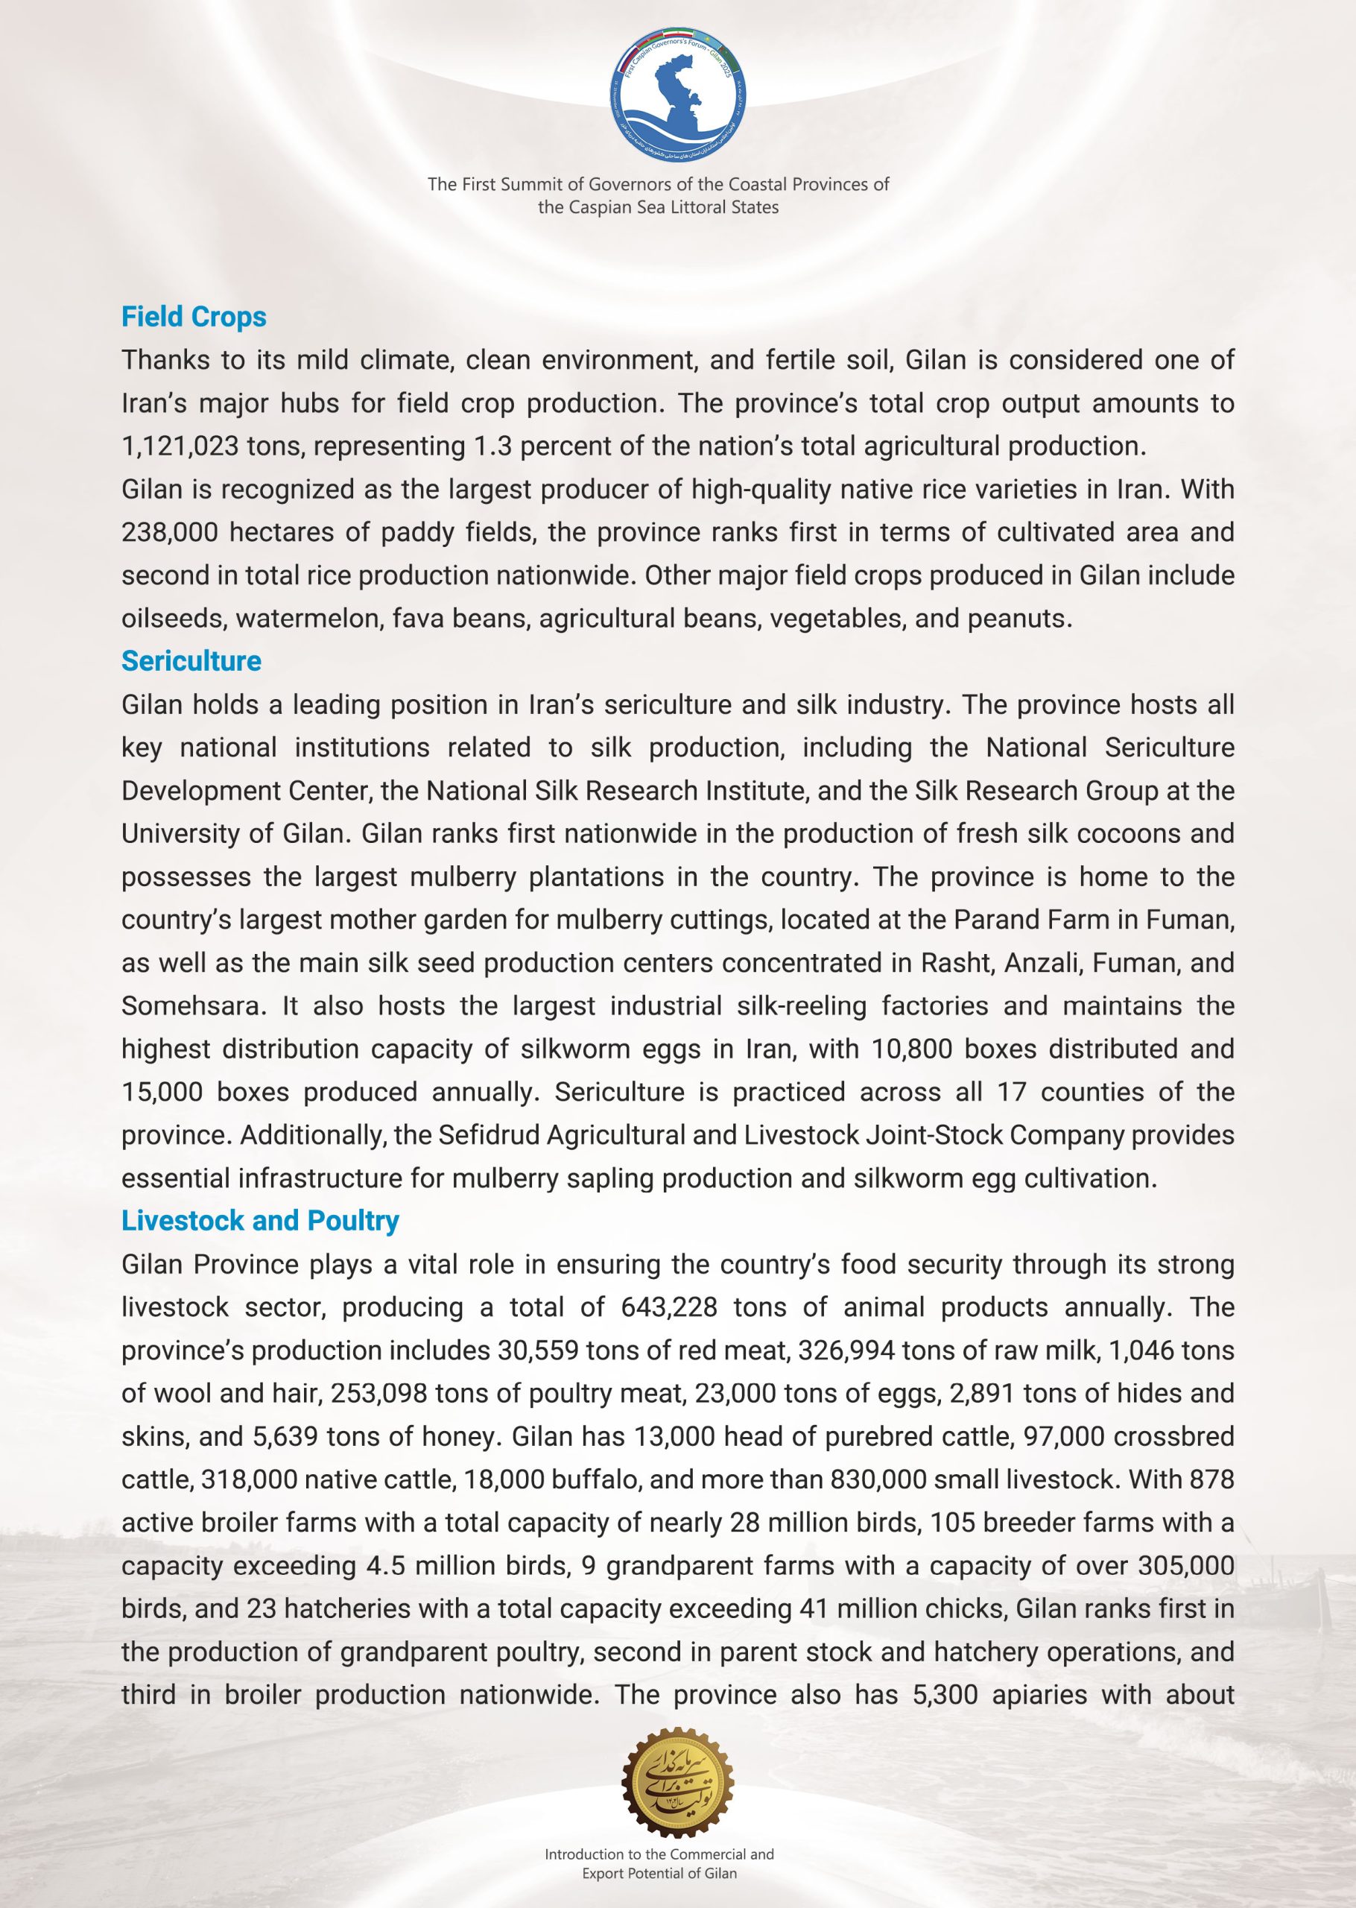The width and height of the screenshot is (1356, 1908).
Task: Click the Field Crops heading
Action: pyautogui.click(x=194, y=318)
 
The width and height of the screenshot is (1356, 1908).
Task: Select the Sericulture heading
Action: pyautogui.click(x=191, y=661)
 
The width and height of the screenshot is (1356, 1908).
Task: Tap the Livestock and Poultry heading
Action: pyautogui.click(x=260, y=1221)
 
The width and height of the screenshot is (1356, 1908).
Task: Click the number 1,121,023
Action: pyautogui.click(x=180, y=446)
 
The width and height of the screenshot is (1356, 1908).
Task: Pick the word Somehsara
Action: pyautogui.click(x=192, y=1006)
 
